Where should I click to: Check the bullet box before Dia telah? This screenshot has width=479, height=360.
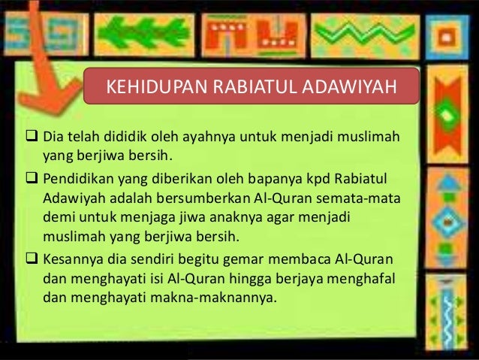point(33,140)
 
